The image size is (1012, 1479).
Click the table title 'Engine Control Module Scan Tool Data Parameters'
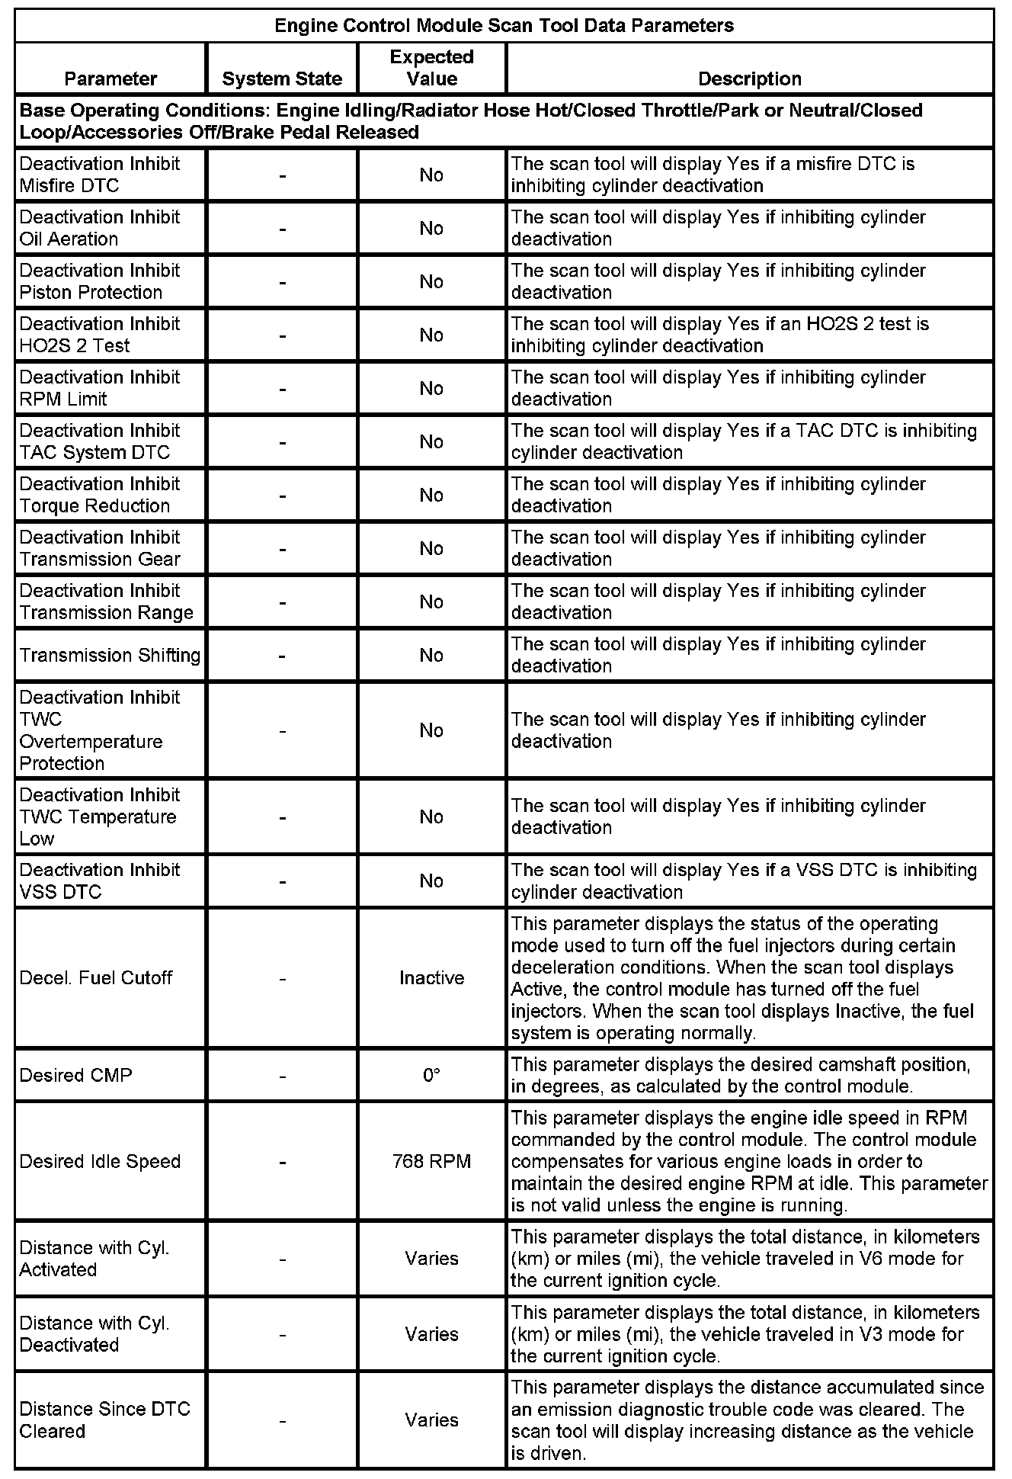pyautogui.click(x=504, y=26)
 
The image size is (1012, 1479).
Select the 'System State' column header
pyautogui.click(x=282, y=79)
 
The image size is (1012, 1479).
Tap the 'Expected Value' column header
pyautogui.click(x=431, y=68)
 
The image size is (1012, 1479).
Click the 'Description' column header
pyautogui.click(x=750, y=79)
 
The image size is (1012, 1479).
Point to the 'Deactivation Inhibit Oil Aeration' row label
pyautogui.click(x=100, y=228)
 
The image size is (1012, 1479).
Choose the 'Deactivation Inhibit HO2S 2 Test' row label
pyautogui.click(x=100, y=335)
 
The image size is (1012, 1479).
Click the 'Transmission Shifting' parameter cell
pyautogui.click(x=110, y=655)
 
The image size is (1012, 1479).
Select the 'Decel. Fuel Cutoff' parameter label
pyautogui.click(x=96, y=977)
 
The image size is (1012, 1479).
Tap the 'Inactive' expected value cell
pyautogui.click(x=431, y=977)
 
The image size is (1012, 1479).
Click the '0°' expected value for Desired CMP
pyautogui.click(x=431, y=1075)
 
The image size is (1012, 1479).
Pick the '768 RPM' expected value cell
pyautogui.click(x=431, y=1161)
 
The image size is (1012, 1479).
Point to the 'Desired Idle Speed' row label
pyautogui.click(x=100, y=1161)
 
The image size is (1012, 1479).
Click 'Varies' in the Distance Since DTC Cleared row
pyautogui.click(x=431, y=1420)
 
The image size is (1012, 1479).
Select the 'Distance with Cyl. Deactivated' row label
pyautogui.click(x=94, y=1333)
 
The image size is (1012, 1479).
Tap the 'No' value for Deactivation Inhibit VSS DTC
pyautogui.click(x=431, y=881)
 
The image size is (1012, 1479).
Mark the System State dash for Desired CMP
pyautogui.click(x=282, y=1075)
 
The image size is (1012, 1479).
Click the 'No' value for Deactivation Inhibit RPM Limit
pyautogui.click(x=431, y=388)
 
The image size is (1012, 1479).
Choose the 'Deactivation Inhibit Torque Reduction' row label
pyautogui.click(x=100, y=495)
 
